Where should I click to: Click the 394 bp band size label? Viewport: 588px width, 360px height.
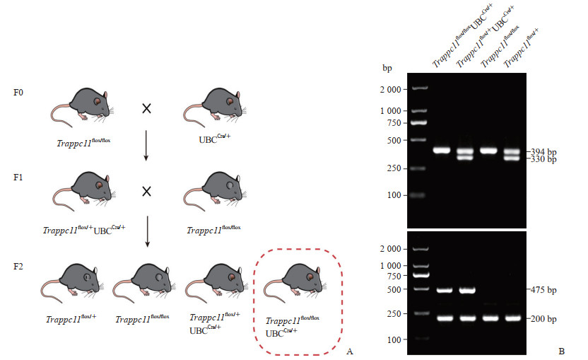click(546, 151)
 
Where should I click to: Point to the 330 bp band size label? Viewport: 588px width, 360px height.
click(546, 160)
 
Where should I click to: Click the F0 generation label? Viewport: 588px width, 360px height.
click(19, 93)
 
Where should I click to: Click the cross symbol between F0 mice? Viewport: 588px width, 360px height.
click(147, 109)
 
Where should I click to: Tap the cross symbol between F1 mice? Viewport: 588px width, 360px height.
click(147, 192)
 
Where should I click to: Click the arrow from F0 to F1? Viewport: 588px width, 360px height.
click(147, 146)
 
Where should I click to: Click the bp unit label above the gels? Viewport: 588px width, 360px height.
click(387, 69)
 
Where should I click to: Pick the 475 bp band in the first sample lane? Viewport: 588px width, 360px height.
click(444, 290)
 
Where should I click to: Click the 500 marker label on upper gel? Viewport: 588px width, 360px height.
click(395, 140)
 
